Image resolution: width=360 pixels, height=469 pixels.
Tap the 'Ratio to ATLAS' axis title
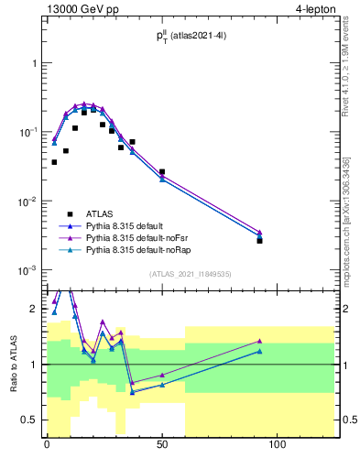tap(14, 364)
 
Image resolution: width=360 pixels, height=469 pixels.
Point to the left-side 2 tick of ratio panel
tap(34, 309)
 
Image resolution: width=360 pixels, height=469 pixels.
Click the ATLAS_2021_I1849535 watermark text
tap(190, 274)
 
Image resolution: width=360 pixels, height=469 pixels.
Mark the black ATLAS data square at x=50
tap(162, 171)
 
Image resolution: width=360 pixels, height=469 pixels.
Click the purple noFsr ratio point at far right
tap(260, 341)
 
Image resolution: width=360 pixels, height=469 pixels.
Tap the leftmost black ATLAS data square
tap(54, 162)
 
